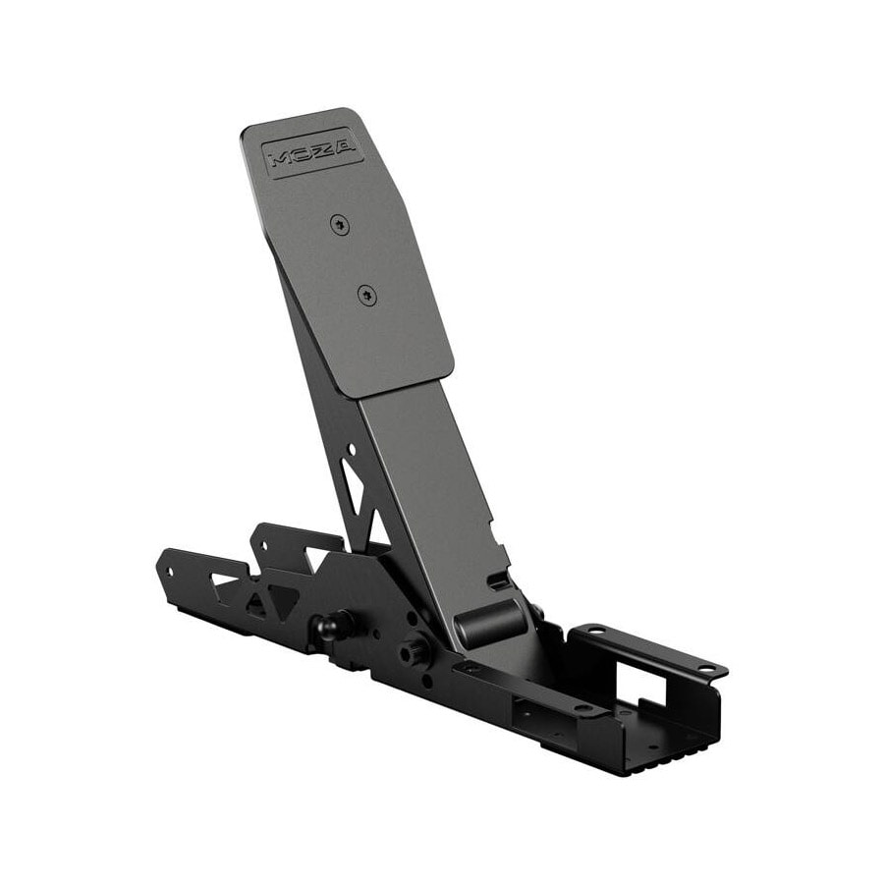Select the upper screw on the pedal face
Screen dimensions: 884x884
click(x=340, y=226)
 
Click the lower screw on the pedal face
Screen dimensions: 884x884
click(x=367, y=295)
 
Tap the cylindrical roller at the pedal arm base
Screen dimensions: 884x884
click(x=489, y=623)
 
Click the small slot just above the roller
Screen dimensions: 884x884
click(x=497, y=580)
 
